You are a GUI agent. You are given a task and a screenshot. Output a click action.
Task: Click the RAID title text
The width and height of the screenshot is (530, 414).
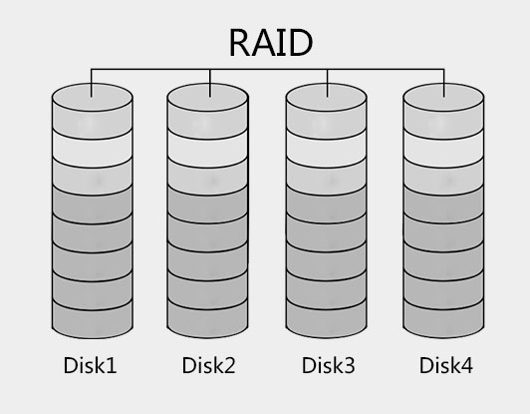(x=271, y=43)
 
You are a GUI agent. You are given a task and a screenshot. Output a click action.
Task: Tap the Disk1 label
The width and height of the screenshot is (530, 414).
(x=91, y=365)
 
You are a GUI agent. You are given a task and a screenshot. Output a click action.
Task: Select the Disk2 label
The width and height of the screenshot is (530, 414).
(x=208, y=365)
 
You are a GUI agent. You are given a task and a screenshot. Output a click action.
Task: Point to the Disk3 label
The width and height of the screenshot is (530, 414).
(x=328, y=365)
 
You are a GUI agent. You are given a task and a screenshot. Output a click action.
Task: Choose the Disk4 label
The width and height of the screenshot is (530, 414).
(x=446, y=365)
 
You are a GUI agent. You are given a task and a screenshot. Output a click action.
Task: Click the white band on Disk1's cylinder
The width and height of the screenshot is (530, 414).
(x=93, y=149)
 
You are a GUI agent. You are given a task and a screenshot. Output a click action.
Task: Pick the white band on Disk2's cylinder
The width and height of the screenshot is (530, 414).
(x=208, y=149)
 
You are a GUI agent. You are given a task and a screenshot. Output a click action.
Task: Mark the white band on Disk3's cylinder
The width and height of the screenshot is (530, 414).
(x=327, y=149)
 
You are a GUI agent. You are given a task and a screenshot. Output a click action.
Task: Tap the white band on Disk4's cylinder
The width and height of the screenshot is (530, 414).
(x=443, y=149)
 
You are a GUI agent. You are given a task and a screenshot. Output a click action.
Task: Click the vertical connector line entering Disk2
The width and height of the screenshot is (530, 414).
(x=210, y=83)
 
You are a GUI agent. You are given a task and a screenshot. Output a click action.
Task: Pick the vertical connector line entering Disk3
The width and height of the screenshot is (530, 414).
(x=327, y=83)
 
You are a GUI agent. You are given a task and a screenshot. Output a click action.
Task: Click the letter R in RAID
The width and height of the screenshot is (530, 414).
(x=240, y=43)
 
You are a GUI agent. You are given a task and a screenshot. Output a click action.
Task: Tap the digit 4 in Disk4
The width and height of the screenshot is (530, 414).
(x=467, y=365)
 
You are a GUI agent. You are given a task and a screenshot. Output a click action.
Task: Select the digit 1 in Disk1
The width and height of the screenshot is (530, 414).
(x=112, y=365)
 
